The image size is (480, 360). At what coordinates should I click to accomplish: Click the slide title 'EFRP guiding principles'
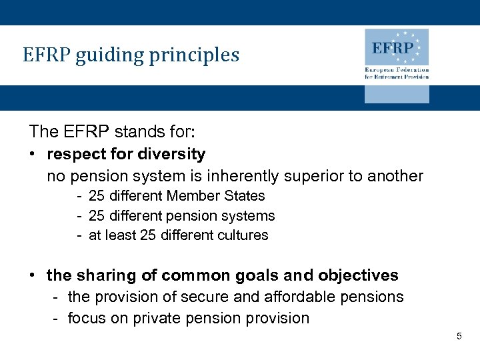point(131,55)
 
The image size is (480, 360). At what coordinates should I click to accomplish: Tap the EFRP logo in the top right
point(396,48)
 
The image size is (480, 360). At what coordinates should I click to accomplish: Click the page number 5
point(459,337)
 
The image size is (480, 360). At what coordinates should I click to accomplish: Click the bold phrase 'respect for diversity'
point(126,154)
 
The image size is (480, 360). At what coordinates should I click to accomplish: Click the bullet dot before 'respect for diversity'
point(32,155)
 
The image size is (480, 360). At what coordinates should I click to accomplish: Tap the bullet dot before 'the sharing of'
point(32,275)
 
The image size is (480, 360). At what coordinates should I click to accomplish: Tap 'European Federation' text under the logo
point(397,70)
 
